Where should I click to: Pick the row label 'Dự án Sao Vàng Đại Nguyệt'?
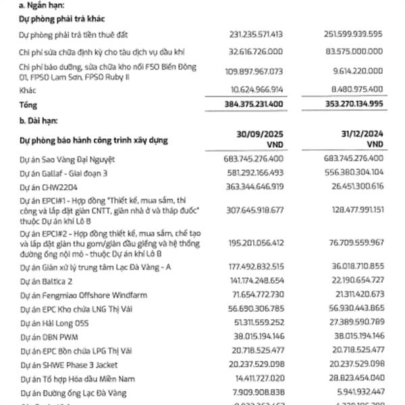pyautogui.click(x=67, y=159)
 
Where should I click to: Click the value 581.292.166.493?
pyautogui.click(x=250, y=173)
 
